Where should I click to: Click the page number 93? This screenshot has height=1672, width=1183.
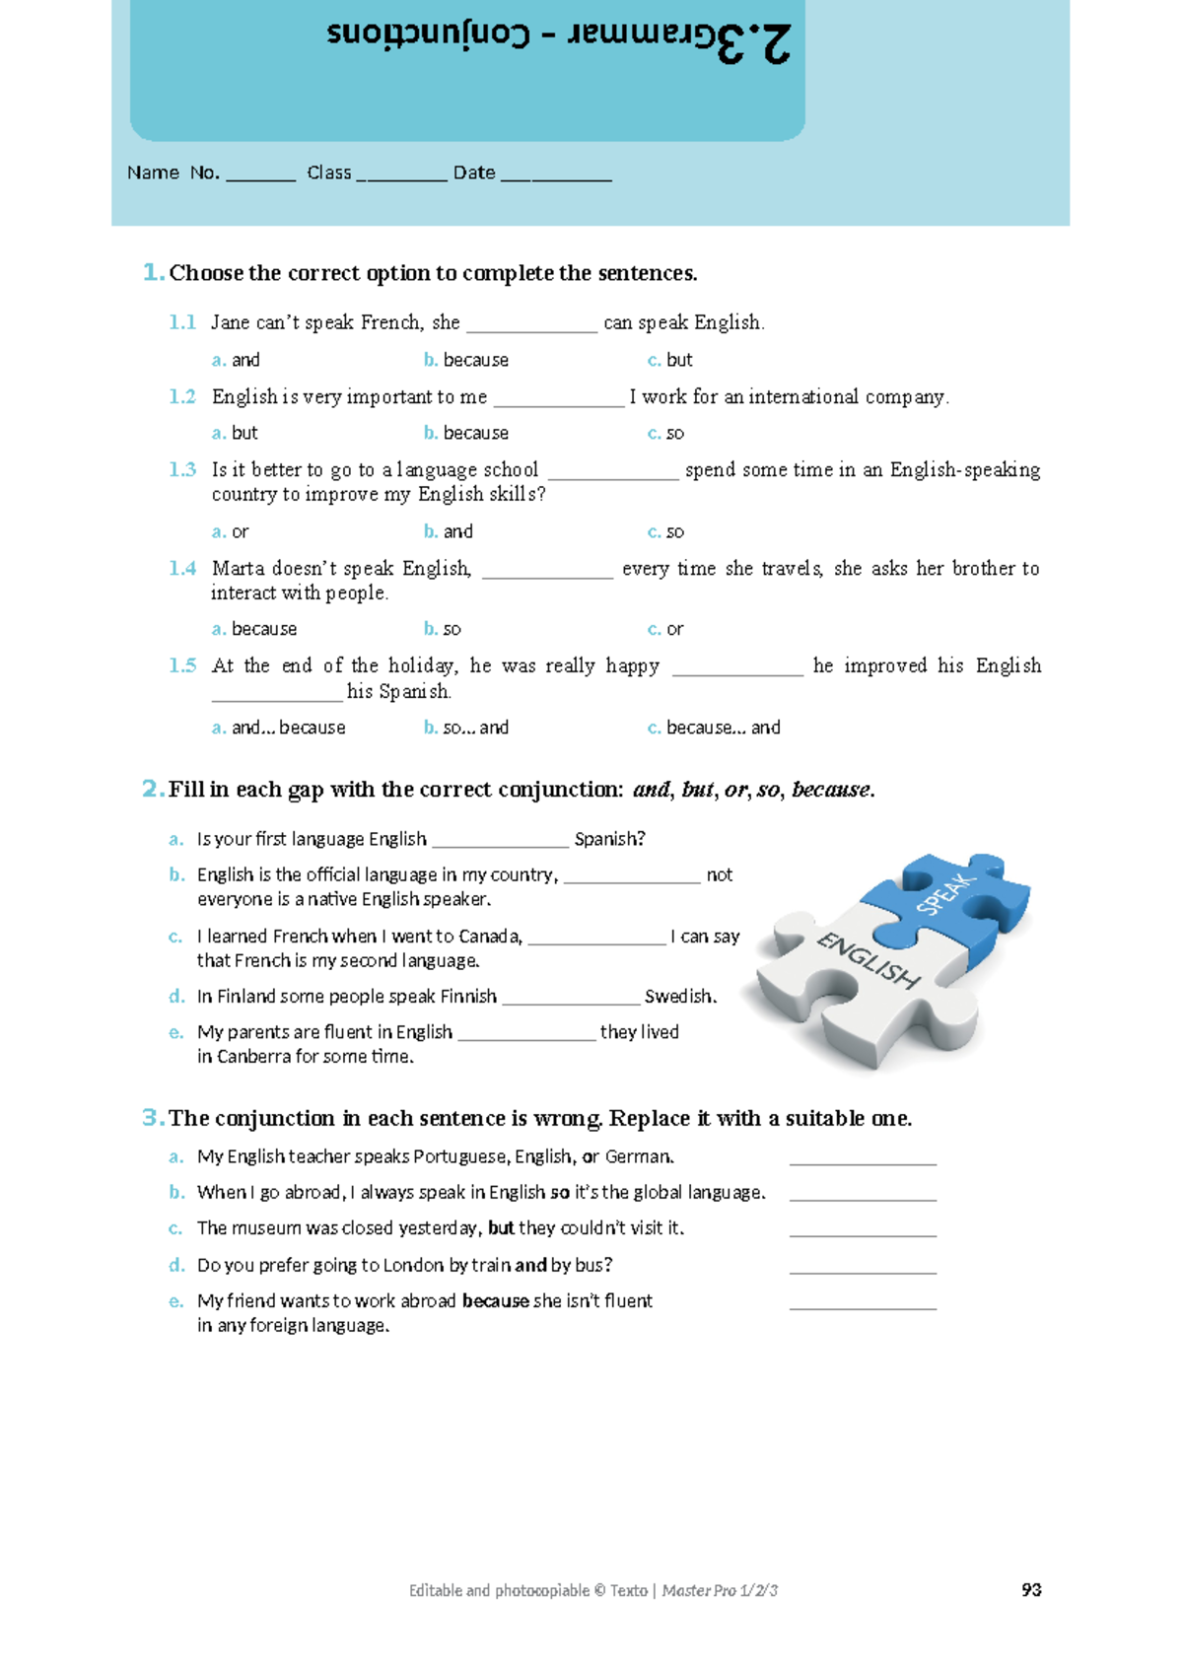[x=1031, y=1589]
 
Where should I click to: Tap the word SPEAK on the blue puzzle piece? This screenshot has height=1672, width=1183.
[x=944, y=893]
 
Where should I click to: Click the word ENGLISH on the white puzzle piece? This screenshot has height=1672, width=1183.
[x=868, y=959]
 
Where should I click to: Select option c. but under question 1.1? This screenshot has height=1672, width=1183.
[x=670, y=360]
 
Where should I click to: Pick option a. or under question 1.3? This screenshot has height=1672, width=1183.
[x=231, y=531]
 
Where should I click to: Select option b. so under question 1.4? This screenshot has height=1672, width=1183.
[x=443, y=629]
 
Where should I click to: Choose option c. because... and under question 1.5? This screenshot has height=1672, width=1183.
[x=714, y=728]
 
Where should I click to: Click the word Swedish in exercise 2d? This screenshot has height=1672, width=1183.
[x=679, y=997]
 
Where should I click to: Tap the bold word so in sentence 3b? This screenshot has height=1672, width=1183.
[x=559, y=1192]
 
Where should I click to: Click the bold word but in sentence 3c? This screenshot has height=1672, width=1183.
[x=501, y=1228]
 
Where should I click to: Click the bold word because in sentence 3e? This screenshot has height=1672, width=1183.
[x=496, y=1301]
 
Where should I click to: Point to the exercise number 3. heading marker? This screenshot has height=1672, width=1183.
[x=152, y=1118]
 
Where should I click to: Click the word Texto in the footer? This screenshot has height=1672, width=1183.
[x=628, y=1590]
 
